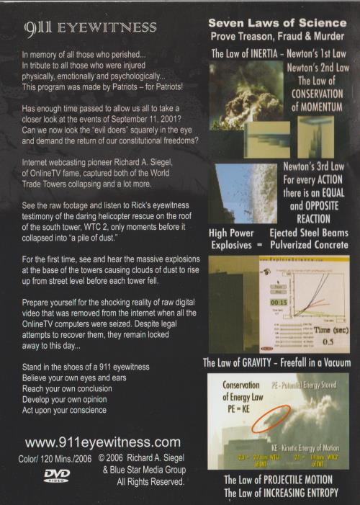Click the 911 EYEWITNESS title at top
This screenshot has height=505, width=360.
pyautogui.click(x=90, y=28)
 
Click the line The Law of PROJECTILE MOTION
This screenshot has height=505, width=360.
pyautogui.click(x=278, y=480)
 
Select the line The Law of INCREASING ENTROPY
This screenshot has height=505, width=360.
pyautogui.click(x=278, y=493)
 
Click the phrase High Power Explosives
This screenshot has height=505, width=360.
pyautogui.click(x=233, y=238)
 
